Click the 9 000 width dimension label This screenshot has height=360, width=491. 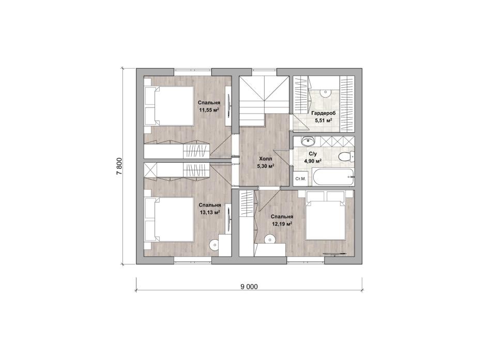(x=249, y=287)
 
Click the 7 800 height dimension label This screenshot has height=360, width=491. (x=119, y=166)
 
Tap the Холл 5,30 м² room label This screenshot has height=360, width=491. (x=266, y=163)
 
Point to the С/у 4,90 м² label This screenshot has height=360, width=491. (x=313, y=158)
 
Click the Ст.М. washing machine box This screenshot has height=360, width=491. (x=300, y=179)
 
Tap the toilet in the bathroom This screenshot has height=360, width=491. (x=346, y=156)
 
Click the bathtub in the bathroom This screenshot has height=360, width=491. (x=334, y=178)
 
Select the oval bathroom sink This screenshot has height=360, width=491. (x=308, y=142)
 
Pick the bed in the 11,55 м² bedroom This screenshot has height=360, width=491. (x=170, y=106)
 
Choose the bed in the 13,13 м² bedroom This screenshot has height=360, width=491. (x=170, y=220)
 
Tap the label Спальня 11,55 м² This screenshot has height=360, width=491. (x=209, y=106)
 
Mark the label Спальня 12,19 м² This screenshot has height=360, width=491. (x=282, y=220)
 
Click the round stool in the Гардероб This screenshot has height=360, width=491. (x=326, y=92)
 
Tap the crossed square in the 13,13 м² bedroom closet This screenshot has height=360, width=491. (x=150, y=170)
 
